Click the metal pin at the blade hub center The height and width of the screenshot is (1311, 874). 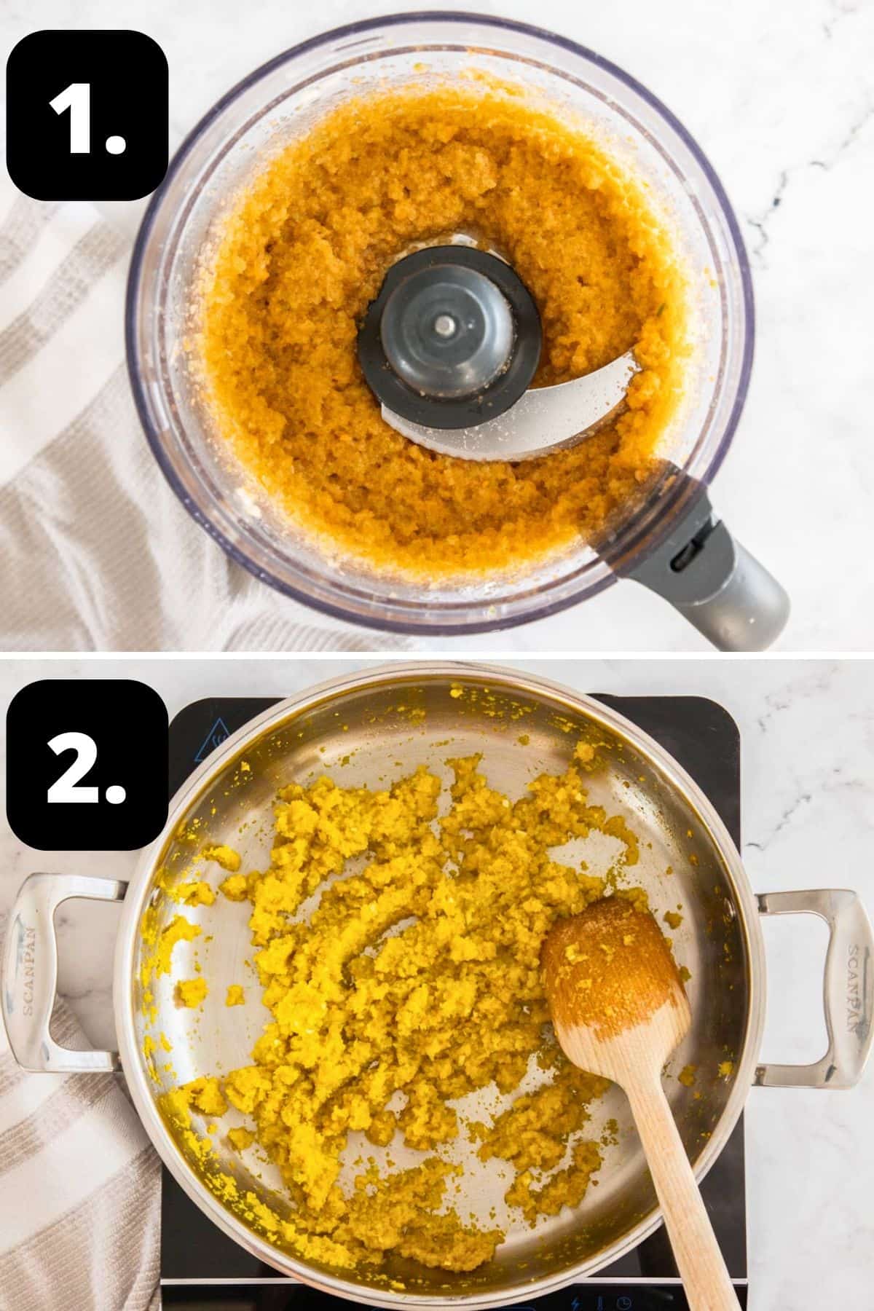click(442, 326)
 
